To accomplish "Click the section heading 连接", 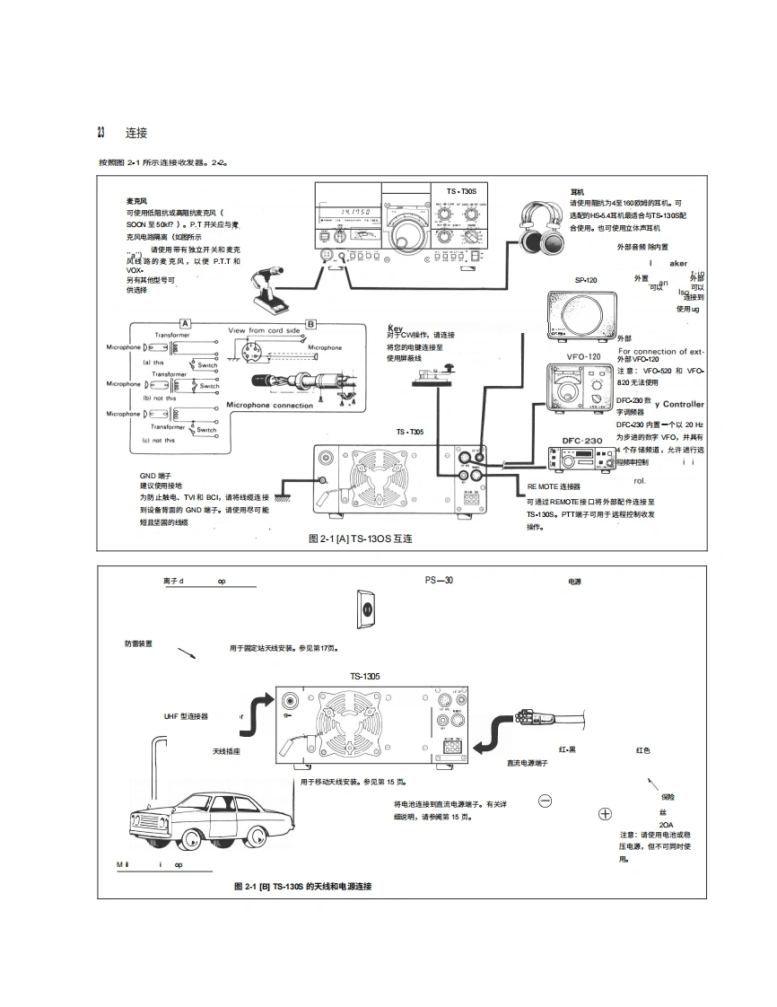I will [136, 133].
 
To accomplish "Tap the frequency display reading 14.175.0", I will [344, 213].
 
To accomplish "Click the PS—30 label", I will [439, 580].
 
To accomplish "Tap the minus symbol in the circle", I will [545, 801].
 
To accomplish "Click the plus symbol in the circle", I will [605, 814].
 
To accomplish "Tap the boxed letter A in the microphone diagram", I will [185, 322].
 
